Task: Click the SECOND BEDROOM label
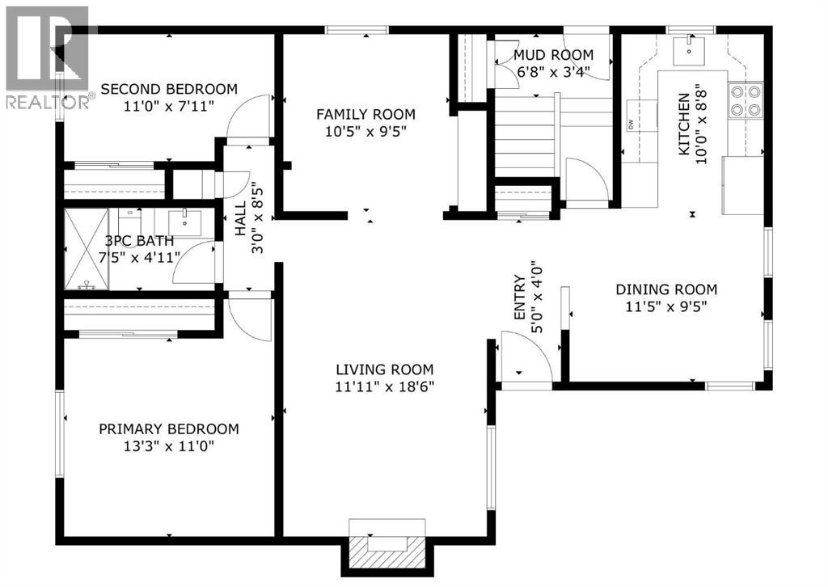(168, 89)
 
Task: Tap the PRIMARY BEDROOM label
(169, 429)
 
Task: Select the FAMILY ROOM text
(365, 114)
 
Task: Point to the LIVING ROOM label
(385, 370)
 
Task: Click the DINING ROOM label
(666, 289)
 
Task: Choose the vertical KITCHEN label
(683, 125)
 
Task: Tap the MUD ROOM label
(553, 55)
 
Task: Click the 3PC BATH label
(138, 240)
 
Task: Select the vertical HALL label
(240, 219)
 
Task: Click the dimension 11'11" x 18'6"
(385, 386)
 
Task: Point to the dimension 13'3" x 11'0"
(169, 446)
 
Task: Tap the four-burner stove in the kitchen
(746, 100)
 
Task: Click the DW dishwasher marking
(630, 124)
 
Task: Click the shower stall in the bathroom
(85, 249)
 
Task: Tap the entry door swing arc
(524, 357)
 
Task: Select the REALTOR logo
(47, 57)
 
